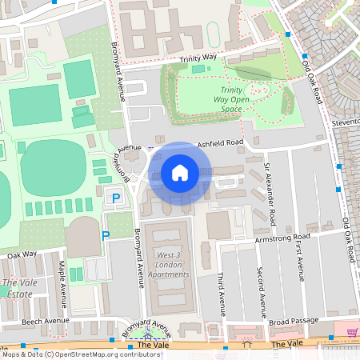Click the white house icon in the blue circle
pos(180,173)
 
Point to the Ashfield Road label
pos(220,142)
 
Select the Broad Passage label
pos(295,321)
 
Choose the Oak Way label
pos(22,254)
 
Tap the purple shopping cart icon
pos(351,332)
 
